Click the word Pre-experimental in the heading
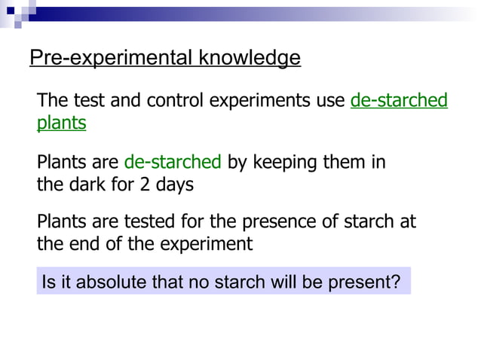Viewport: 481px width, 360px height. [x=103, y=58]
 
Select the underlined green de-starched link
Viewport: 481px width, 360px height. [x=399, y=101]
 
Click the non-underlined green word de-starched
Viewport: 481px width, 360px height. [x=173, y=162]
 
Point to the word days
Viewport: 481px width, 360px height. [x=176, y=185]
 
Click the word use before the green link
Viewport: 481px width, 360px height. [x=332, y=101]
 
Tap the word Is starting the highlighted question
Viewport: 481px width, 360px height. [x=49, y=283]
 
